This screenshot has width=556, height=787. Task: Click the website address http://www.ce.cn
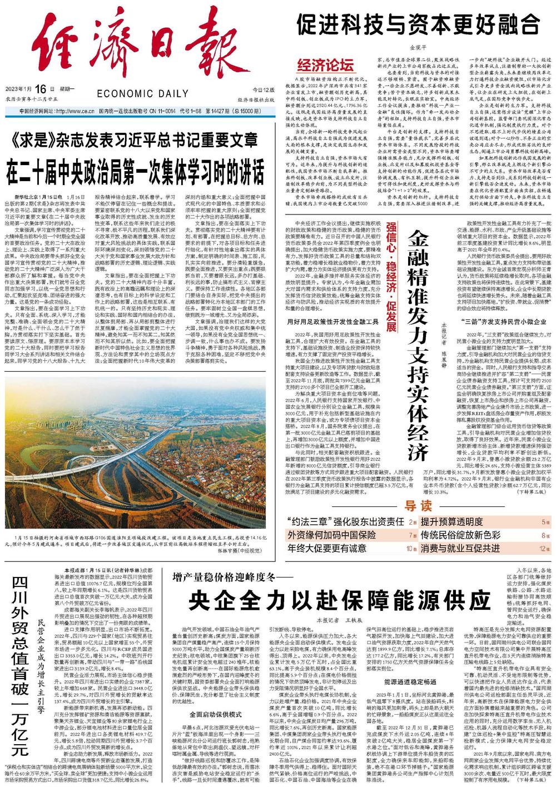(x=69, y=111)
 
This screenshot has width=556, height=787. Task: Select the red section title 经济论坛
(x=326, y=65)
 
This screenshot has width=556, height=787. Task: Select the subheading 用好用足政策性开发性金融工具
(x=327, y=321)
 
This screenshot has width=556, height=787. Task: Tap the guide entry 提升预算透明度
(x=451, y=521)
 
